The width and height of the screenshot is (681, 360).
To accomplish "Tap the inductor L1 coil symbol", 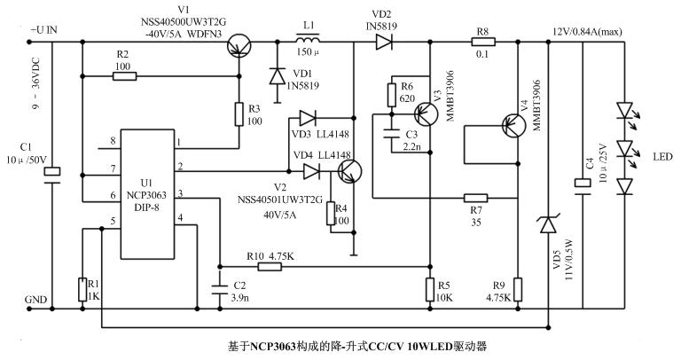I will click(x=309, y=39).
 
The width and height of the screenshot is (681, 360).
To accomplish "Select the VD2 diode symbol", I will click(x=385, y=40).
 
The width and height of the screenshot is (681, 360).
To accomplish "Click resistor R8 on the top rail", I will click(x=483, y=40).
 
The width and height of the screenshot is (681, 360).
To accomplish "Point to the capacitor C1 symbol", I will click(x=52, y=173).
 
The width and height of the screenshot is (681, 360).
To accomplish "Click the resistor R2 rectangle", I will click(x=124, y=76).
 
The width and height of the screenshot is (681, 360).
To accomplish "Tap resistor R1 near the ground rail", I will click(x=81, y=287).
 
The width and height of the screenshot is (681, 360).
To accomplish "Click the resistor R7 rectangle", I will click(x=476, y=198).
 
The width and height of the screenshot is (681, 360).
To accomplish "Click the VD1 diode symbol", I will click(x=276, y=74).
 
